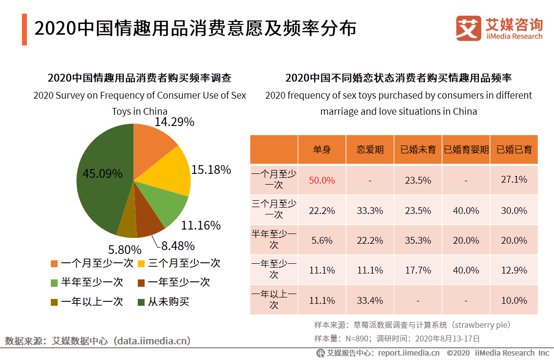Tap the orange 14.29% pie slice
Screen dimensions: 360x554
pos(151,142)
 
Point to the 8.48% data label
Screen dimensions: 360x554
pos(178,245)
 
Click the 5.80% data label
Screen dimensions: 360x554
pos(125,250)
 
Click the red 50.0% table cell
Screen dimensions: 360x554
pos(322,180)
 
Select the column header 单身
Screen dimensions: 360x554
pos(322,149)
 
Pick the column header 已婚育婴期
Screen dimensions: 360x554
pos(466,149)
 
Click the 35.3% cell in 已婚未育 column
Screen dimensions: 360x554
pos(418,240)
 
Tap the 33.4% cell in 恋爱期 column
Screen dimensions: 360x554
pos(370,300)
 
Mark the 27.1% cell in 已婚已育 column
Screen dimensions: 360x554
pos(514,180)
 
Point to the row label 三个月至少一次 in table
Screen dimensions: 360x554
pos(274,209)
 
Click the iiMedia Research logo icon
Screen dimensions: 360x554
pos(469,28)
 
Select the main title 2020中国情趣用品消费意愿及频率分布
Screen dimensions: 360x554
pos(195,29)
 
